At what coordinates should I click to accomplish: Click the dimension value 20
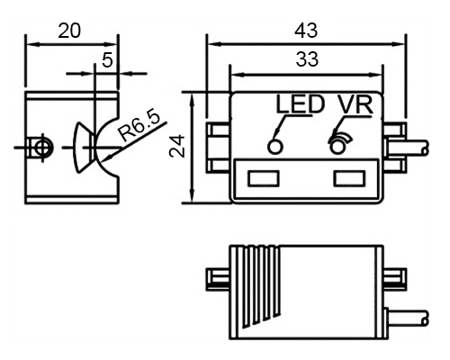click(x=69, y=31)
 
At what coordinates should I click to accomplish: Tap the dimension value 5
click(x=107, y=59)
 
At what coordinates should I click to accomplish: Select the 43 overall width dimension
click(x=306, y=31)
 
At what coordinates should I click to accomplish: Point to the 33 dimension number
click(x=307, y=59)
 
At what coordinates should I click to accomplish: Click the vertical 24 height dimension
click(x=177, y=146)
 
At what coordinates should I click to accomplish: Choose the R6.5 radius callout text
click(x=139, y=127)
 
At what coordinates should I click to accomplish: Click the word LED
click(x=300, y=104)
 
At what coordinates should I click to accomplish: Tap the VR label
click(x=355, y=104)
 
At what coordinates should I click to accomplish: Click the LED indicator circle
click(x=275, y=147)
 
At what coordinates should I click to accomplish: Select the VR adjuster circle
click(x=337, y=147)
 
